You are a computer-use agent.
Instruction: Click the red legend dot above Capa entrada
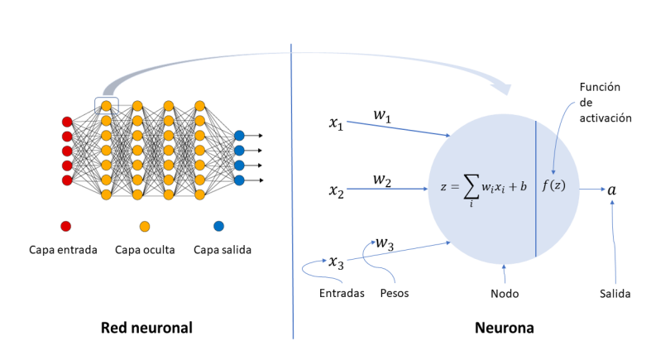(x=66, y=226)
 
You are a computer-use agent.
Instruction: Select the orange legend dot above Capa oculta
(x=144, y=226)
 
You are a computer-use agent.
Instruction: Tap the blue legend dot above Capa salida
(x=219, y=226)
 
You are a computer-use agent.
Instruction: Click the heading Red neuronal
(x=146, y=328)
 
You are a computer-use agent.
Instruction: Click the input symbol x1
(x=336, y=123)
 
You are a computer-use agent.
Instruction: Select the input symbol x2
(x=336, y=192)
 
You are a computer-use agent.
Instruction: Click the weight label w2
(x=381, y=180)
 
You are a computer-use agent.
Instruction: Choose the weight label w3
(x=384, y=243)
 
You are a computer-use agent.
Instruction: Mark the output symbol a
(x=611, y=190)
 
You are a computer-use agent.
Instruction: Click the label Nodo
(x=504, y=293)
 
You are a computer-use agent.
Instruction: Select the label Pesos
(x=394, y=293)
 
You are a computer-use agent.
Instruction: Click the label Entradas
(x=342, y=293)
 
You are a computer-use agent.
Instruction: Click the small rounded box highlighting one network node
(x=106, y=104)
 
